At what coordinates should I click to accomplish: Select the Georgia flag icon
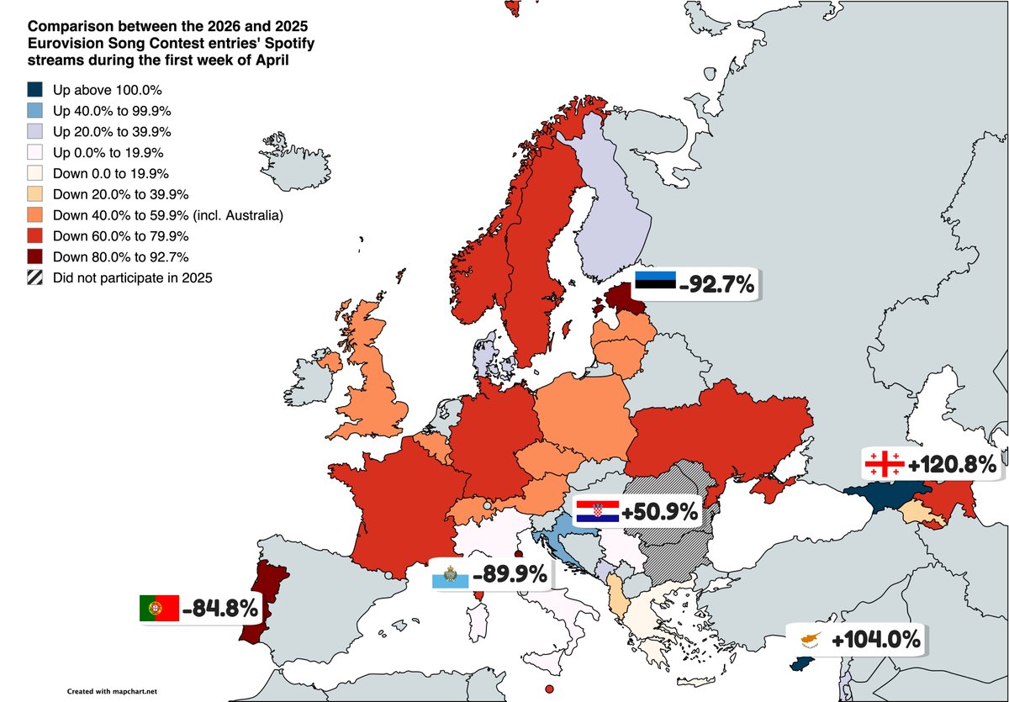(884, 463)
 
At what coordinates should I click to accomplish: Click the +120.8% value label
(952, 464)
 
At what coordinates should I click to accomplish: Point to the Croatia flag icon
(598, 510)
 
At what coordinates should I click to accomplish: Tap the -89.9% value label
(510, 576)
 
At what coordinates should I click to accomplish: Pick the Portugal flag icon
(160, 607)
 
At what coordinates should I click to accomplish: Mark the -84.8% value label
(219, 607)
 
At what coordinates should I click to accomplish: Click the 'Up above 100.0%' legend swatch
(34, 90)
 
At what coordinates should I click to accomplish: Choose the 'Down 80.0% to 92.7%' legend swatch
(34, 257)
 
